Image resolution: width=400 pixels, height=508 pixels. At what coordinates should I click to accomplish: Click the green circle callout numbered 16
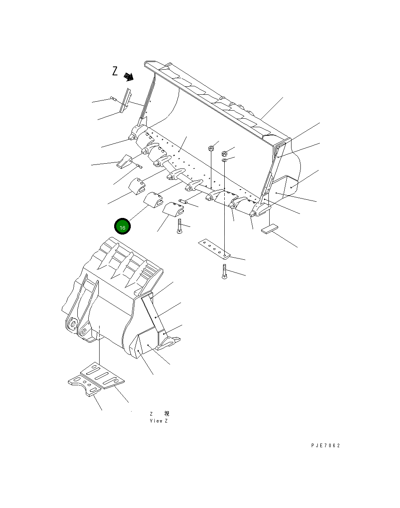[x=122, y=226]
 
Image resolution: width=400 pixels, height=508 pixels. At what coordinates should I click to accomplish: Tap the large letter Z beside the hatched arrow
[x=115, y=72]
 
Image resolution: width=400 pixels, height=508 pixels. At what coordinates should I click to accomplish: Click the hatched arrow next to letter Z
[x=129, y=77]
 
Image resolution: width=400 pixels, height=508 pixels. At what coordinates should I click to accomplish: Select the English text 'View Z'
[x=159, y=421]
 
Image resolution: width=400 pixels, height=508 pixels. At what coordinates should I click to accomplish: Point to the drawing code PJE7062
[x=326, y=446]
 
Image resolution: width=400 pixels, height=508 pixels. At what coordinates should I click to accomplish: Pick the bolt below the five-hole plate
[x=224, y=271]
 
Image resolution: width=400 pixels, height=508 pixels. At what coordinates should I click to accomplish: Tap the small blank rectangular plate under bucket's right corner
[x=270, y=229]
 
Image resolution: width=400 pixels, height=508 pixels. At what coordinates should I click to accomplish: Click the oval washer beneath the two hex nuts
[x=224, y=161]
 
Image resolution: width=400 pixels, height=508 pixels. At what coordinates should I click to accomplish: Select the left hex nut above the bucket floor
[x=211, y=148]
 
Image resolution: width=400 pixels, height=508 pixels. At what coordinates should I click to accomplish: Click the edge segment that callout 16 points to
[x=154, y=199]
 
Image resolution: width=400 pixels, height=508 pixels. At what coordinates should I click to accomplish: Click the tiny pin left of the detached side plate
[x=113, y=98]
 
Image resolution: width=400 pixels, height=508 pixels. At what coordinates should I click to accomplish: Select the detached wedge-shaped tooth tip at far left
[x=124, y=161]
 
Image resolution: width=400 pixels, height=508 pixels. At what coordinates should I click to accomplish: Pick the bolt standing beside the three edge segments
[x=179, y=226]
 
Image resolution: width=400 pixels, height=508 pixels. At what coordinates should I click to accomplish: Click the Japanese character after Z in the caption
[x=166, y=414]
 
